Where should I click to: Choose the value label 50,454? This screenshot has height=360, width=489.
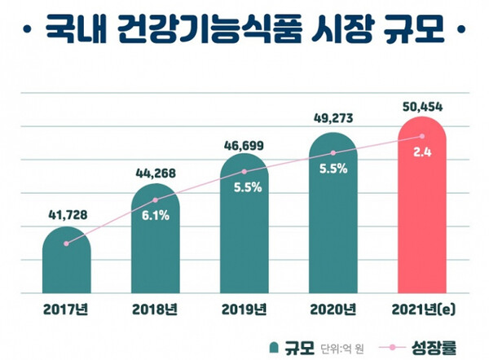[421, 106]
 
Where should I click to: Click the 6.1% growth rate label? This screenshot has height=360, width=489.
[155, 216]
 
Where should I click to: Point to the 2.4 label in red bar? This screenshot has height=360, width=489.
[421, 151]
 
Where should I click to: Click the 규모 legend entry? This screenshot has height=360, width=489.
[289, 345]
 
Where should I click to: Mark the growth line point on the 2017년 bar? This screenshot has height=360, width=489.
[66, 243]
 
